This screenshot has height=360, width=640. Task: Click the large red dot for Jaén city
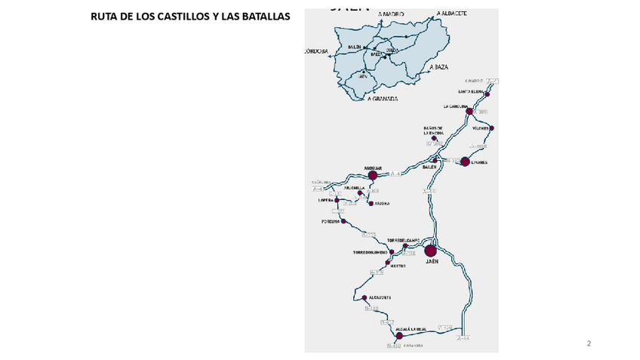click(431, 251)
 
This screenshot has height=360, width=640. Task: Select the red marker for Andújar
click(372, 174)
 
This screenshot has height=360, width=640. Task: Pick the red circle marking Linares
click(465, 161)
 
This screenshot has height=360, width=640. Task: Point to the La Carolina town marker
click(469, 111)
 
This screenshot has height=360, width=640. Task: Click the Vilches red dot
click(492, 128)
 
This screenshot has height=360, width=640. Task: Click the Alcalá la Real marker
click(399, 336)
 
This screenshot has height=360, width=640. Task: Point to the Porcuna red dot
click(343, 222)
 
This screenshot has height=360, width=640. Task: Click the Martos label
click(398, 266)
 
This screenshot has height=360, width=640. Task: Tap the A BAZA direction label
click(438, 67)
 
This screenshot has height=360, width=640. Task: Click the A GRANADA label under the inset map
click(382, 98)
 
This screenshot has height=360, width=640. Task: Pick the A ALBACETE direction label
click(451, 14)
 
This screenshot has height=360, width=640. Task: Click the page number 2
click(589, 344)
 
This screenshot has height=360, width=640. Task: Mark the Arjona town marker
click(370, 203)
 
